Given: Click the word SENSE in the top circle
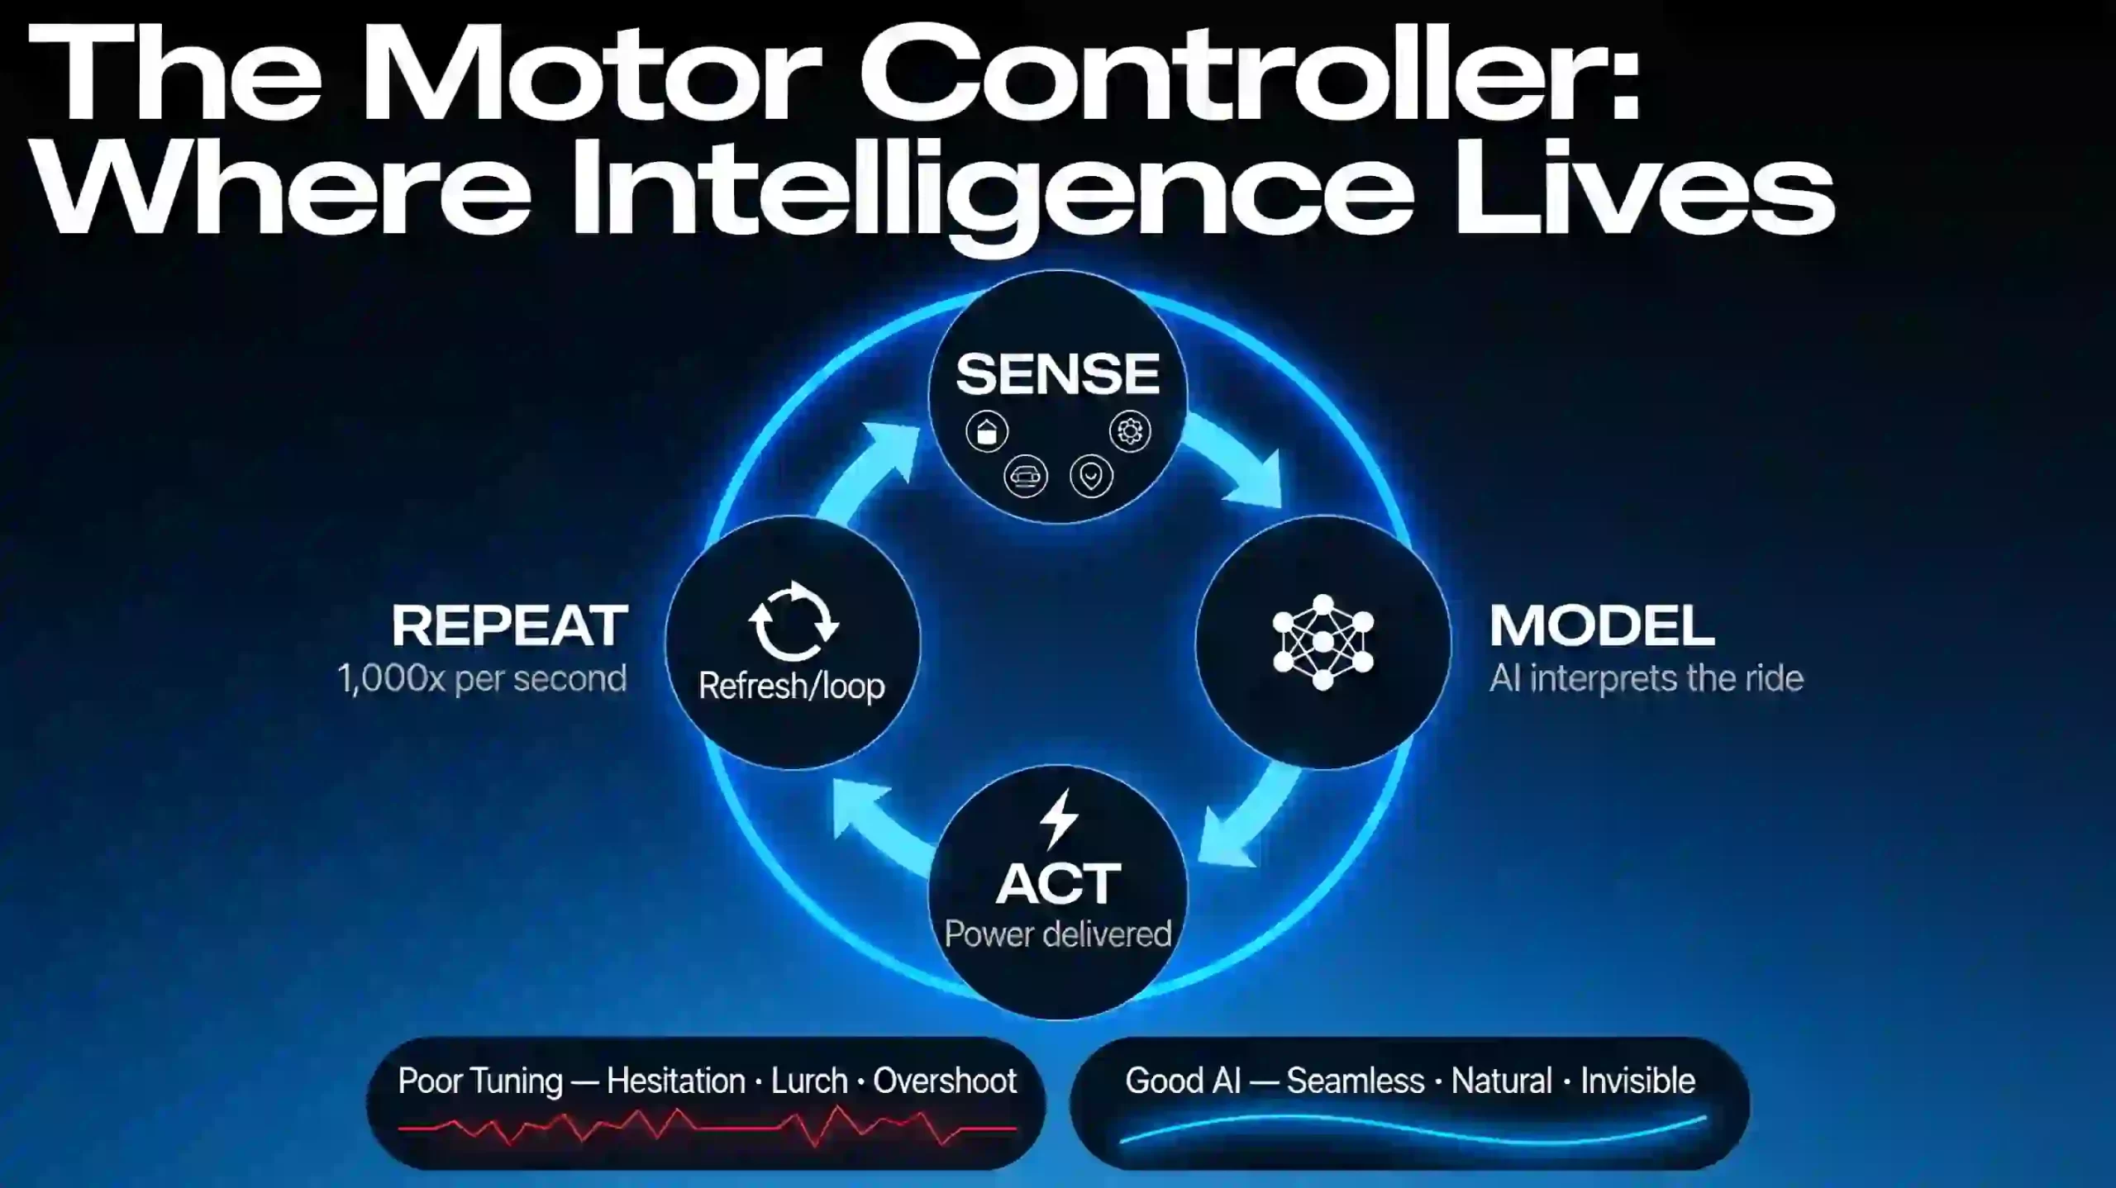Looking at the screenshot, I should (x=1057, y=373).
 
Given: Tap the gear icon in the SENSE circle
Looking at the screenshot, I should (x=1130, y=430).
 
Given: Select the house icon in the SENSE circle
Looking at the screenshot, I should (x=987, y=431).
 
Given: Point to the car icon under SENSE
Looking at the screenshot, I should (x=1026, y=476).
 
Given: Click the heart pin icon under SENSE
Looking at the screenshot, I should (x=1091, y=476).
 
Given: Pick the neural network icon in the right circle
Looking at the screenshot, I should (x=1322, y=642).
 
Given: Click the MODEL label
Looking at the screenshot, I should (x=1601, y=625).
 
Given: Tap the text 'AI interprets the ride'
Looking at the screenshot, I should (x=1646, y=678).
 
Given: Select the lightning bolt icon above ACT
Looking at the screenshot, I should (x=1059, y=819).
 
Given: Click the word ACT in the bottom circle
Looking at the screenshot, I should (x=1058, y=883).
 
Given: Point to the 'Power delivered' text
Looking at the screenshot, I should (x=1058, y=934).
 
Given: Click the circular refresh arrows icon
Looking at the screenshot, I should (x=793, y=622).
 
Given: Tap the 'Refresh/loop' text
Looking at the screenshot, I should (x=791, y=686).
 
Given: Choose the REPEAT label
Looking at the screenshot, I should (x=510, y=625).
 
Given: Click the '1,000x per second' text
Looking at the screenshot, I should (x=483, y=678).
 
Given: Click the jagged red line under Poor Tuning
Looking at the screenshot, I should (x=707, y=1127).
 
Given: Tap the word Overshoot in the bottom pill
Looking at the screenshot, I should (x=945, y=1081).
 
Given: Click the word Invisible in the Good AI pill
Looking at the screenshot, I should (x=1637, y=1081).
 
